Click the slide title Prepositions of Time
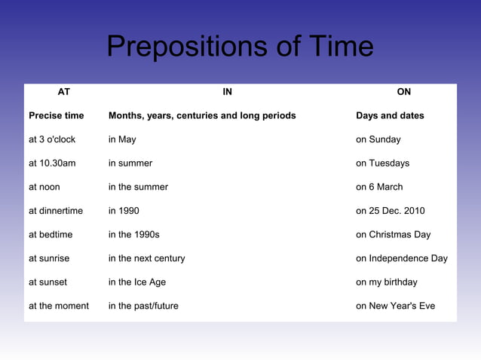[x=240, y=47]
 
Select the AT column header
[x=64, y=92]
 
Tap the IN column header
[x=228, y=92]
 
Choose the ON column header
[x=404, y=92]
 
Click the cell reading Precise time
[x=57, y=116]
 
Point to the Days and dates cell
[x=390, y=116]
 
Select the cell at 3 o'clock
[x=52, y=139]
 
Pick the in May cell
[x=122, y=139]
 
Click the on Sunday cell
[x=378, y=139]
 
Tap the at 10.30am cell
[x=52, y=163]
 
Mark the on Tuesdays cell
[x=383, y=163]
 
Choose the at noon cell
[x=44, y=187]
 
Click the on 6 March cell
[x=379, y=187]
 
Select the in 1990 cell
[x=124, y=211]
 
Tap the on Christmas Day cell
[x=394, y=234]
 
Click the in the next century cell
[x=146, y=258]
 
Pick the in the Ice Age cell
[x=137, y=282]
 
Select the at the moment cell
[x=59, y=306]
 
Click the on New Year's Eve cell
[x=395, y=306]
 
